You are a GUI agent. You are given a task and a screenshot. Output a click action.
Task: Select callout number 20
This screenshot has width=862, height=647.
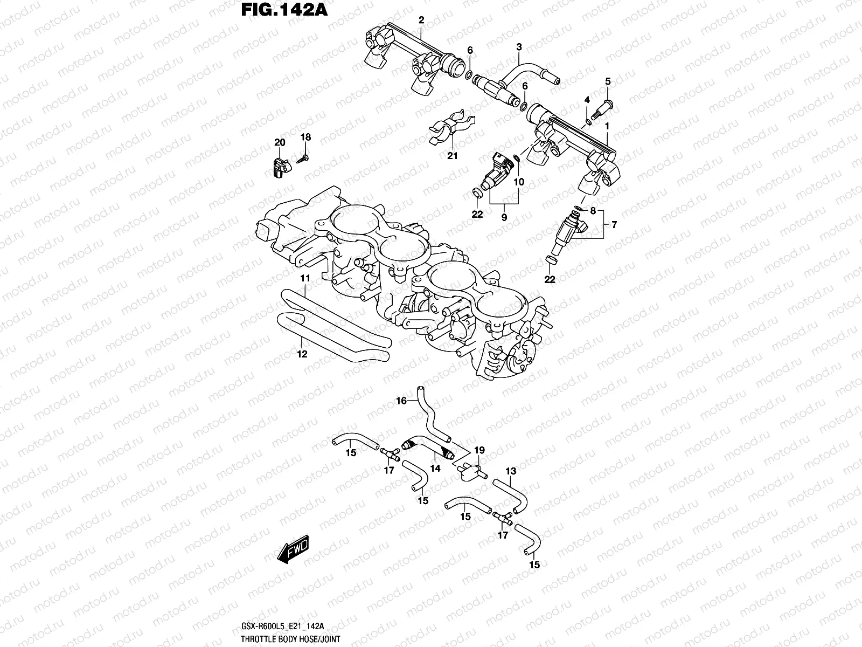point(279,142)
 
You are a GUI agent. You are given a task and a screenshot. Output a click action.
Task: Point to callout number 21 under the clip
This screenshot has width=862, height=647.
point(452,156)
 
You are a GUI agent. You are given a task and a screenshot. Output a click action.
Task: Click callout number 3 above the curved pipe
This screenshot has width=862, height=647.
point(519,47)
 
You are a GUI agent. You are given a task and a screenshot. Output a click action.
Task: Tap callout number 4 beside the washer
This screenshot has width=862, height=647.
point(587,100)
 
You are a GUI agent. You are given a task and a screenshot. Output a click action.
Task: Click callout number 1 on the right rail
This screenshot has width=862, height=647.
point(607,126)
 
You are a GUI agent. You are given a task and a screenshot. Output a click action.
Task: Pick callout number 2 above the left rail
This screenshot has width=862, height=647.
point(421,20)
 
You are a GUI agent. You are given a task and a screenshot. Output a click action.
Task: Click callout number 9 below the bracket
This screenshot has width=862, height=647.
point(504,217)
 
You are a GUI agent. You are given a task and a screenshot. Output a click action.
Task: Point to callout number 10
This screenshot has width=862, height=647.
point(518,182)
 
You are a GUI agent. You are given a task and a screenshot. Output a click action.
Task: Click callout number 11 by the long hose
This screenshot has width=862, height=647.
point(305,278)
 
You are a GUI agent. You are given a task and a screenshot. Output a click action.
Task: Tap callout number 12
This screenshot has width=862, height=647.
point(302,354)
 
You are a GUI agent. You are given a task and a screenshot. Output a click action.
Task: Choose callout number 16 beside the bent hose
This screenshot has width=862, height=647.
point(401,401)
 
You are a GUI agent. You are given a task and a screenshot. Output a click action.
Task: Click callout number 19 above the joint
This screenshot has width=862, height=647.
point(479,450)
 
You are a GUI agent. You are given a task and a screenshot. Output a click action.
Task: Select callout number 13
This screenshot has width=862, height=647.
point(511,471)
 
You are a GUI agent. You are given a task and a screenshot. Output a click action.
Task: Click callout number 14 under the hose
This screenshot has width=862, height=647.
point(435,469)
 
